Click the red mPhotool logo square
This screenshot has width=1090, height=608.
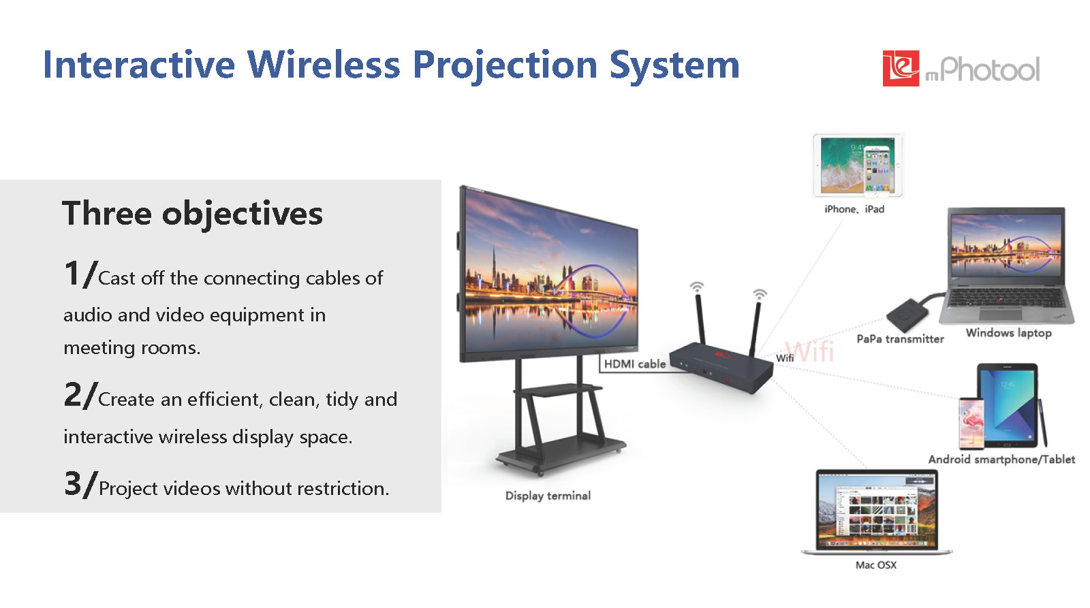tap(901, 68)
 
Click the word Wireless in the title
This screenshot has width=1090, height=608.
tap(323, 65)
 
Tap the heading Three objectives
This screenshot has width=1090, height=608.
tap(192, 213)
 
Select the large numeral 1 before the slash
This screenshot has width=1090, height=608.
tap(72, 273)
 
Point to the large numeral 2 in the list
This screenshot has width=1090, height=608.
tap(72, 394)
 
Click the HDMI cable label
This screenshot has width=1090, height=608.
tap(634, 364)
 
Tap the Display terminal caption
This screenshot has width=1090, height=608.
tap(548, 496)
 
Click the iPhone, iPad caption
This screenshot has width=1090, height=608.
tap(854, 209)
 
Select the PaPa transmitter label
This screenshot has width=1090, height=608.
tap(900, 339)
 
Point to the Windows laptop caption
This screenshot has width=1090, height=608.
tap(1009, 333)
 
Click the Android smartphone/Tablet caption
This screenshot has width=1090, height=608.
tap(1001, 460)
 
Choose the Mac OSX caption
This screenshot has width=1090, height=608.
tap(876, 565)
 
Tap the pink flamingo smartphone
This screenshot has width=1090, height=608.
tap(971, 423)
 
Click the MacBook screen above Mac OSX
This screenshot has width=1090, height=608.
tap(876, 510)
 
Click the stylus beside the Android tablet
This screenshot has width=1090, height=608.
tap(1042, 423)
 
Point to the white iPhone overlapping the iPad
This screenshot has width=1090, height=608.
tap(879, 171)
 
